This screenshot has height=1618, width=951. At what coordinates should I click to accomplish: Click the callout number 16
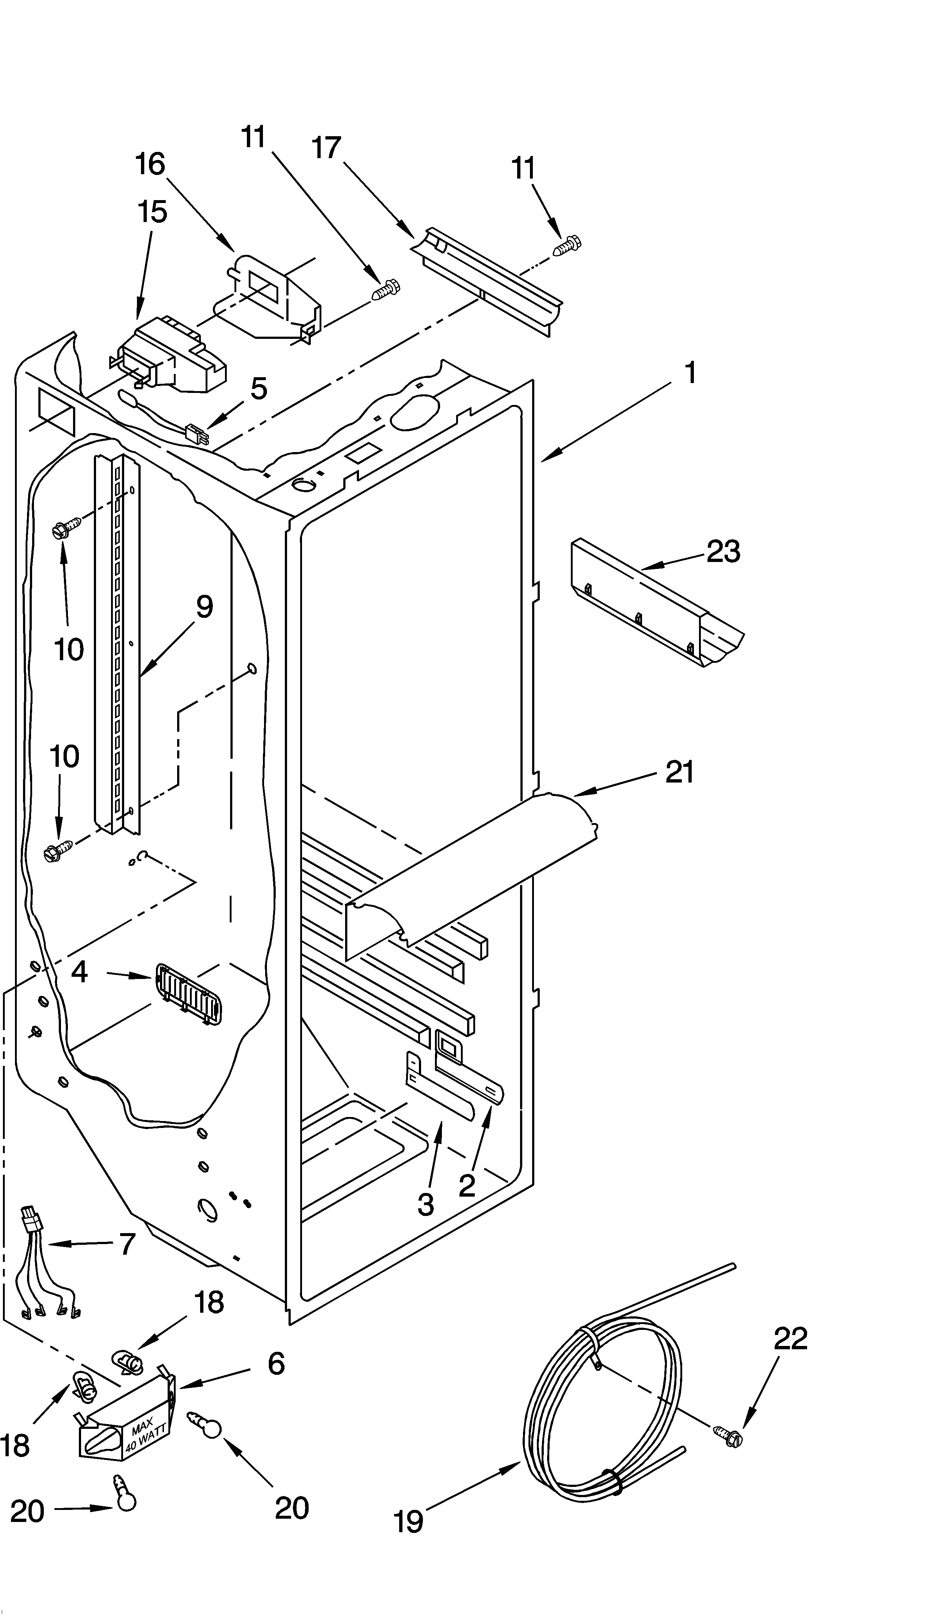click(x=150, y=164)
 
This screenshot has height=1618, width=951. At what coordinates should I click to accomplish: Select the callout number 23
click(x=723, y=551)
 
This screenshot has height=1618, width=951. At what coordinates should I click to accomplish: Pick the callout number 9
click(x=204, y=607)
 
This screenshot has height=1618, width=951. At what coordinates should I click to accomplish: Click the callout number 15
click(x=152, y=212)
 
